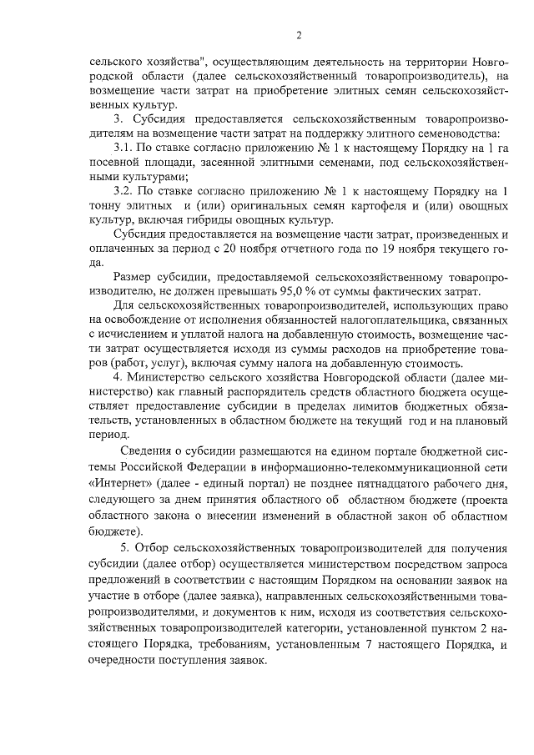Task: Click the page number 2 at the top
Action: (x=298, y=34)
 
